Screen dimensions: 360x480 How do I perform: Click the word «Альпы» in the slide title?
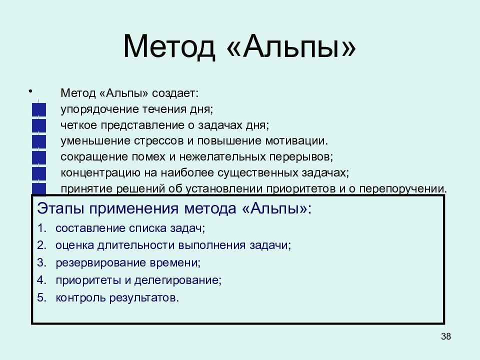293,47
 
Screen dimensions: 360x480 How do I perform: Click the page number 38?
446,336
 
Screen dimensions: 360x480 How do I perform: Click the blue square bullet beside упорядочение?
38,109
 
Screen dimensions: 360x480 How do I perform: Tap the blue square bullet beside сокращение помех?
38,157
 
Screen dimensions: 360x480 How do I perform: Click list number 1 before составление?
41,228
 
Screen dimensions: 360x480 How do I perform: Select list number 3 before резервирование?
41,262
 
